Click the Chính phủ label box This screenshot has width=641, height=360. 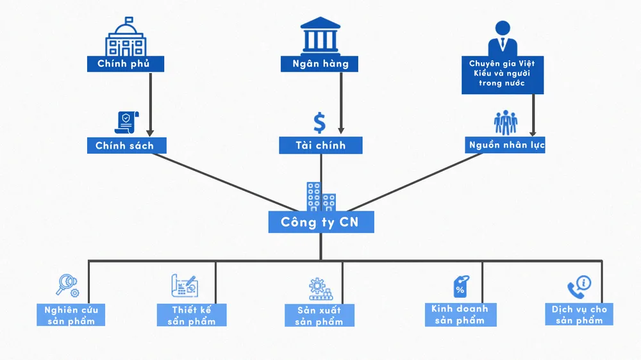pyautogui.click(x=126, y=64)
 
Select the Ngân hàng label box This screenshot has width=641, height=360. pyautogui.click(x=319, y=64)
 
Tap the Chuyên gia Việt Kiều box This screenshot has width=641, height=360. pyautogui.click(x=503, y=74)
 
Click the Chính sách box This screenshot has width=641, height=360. pyautogui.click(x=126, y=146)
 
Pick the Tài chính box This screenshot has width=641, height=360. pyautogui.click(x=320, y=146)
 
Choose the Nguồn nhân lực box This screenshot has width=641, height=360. pyautogui.click(x=506, y=145)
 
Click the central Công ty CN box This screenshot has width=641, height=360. pyautogui.click(x=320, y=222)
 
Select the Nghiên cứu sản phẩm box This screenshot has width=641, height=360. pyautogui.click(x=70, y=315)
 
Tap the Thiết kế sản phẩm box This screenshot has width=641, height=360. pyautogui.click(x=191, y=315)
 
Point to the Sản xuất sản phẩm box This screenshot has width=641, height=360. pyautogui.click(x=319, y=316)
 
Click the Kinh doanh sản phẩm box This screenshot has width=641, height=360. pyautogui.click(x=460, y=315)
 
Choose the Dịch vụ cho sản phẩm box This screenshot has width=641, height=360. pyautogui.click(x=579, y=315)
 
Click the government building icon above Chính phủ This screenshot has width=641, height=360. pyautogui.click(x=126, y=37)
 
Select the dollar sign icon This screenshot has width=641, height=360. pyautogui.click(x=319, y=122)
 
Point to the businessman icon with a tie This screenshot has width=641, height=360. pyautogui.click(x=503, y=38)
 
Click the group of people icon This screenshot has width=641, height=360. pyautogui.click(x=506, y=123)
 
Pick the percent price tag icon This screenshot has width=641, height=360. pyautogui.click(x=460, y=286)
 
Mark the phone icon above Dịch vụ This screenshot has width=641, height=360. pyautogui.click(x=578, y=286)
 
